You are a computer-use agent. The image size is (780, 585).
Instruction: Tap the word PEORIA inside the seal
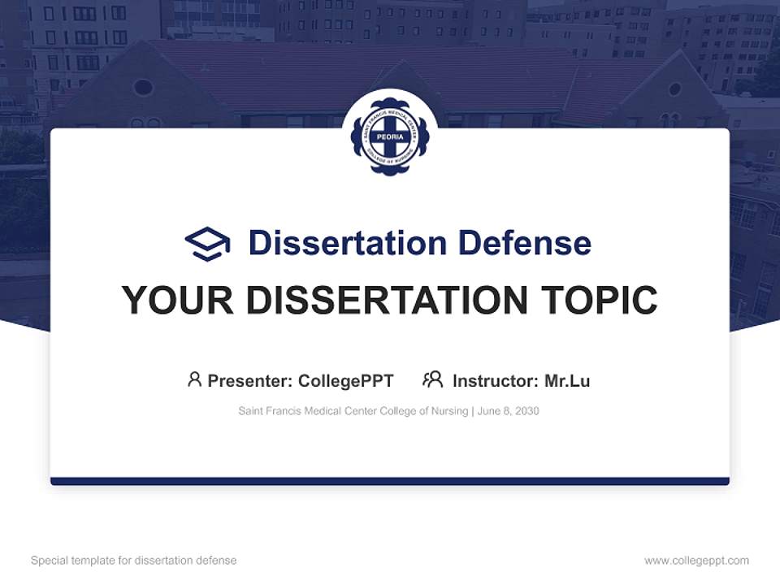[x=389, y=136]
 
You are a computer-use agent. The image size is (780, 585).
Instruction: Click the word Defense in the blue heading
[x=524, y=243]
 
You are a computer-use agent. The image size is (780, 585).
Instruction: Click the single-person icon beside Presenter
[x=194, y=379]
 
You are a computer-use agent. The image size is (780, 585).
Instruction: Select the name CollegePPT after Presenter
[x=345, y=381]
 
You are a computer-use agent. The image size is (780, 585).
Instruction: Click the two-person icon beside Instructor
[x=433, y=379]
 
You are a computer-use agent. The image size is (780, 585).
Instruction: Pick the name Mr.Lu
[x=567, y=381]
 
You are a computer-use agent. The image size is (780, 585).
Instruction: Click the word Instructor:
[x=496, y=381]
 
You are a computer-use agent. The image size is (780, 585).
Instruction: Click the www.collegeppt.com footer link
[x=696, y=561]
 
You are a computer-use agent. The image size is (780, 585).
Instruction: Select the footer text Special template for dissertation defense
[x=134, y=561]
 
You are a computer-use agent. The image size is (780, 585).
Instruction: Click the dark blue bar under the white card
[x=389, y=481]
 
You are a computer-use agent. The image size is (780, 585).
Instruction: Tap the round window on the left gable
[x=143, y=87]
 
